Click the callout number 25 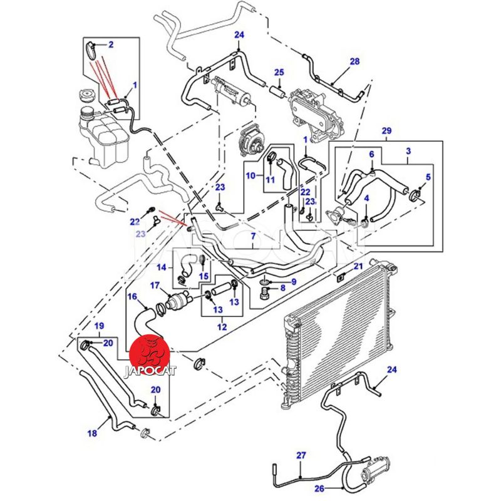[x=279, y=72]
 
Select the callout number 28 [x=355, y=61]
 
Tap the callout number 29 [x=386, y=131]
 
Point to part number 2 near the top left [x=111, y=44]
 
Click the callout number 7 [x=254, y=237]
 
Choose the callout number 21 [x=358, y=267]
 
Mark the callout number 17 [x=155, y=286]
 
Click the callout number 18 [x=92, y=433]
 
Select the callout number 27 [x=300, y=455]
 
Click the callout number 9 [x=293, y=282]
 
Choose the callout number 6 [x=371, y=154]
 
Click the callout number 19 [x=99, y=326]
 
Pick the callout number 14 [x=162, y=267]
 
